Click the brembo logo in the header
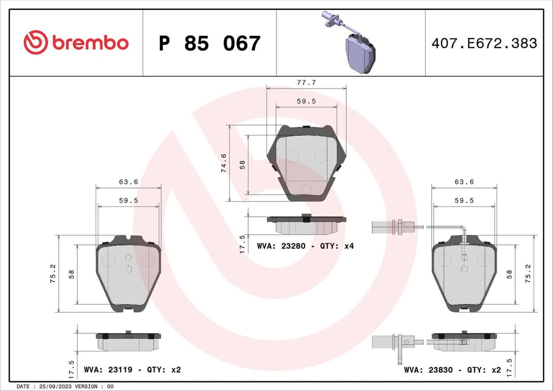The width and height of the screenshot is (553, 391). pos(76,43)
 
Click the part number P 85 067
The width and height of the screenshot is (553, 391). pos(209,44)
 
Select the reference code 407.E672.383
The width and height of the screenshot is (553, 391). pos(484,43)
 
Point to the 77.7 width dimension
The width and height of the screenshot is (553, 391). pos(306,82)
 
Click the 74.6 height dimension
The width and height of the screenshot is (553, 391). pos(224,163)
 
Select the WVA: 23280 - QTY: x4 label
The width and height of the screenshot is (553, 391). pos(305,246)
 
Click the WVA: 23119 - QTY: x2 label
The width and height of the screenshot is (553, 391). pos(132,369)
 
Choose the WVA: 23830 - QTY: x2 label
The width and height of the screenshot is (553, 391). pos(452,369)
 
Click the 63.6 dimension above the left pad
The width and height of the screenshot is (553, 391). pos(129,182)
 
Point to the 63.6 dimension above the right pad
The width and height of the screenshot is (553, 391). pos(464,182)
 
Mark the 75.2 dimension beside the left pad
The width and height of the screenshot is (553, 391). pos(53,274)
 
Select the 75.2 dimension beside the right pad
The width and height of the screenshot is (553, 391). pos(528,274)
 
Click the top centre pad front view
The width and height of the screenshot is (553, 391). pos(306,162)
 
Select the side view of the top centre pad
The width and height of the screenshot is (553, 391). pos(306,223)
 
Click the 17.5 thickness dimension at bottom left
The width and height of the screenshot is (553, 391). pos(72,368)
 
